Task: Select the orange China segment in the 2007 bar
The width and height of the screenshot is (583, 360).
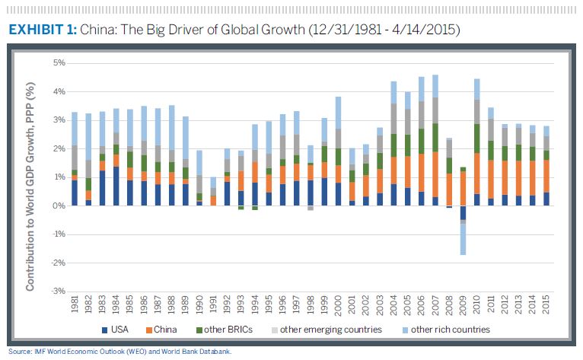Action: point(435,174)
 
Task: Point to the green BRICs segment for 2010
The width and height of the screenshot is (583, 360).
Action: point(476,139)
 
